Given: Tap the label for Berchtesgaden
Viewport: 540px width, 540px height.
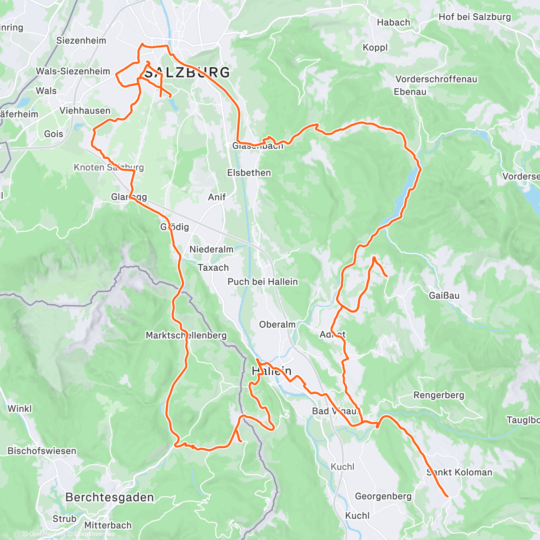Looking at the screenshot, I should [109, 497].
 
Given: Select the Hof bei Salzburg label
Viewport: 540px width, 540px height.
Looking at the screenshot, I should [475, 17].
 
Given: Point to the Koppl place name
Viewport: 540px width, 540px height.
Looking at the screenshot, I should [375, 48].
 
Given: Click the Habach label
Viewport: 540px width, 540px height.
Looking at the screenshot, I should [393, 22].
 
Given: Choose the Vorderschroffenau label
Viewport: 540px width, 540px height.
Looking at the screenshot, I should [436, 79].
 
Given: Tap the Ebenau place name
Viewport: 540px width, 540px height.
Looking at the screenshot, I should [409, 92].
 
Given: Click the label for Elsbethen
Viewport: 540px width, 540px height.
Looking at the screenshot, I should [249, 173].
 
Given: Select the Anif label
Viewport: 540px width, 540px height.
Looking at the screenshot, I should [216, 197].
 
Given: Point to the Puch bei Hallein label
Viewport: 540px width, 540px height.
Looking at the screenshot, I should [262, 282].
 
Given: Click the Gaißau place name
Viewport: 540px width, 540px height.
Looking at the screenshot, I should [444, 296].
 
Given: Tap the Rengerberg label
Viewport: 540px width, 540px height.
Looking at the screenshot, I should [438, 395].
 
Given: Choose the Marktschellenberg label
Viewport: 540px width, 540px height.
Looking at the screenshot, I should [186, 336].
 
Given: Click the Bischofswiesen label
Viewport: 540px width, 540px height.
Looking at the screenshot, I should [42, 451].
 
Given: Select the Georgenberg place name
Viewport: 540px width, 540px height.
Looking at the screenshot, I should [383, 496].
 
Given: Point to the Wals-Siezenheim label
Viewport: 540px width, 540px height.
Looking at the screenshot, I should [73, 72].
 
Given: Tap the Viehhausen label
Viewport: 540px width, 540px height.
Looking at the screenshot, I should [85, 111].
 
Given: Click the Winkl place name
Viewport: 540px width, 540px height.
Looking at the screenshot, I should [20, 409].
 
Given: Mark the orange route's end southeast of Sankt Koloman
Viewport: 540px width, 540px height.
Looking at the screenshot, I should [447, 496].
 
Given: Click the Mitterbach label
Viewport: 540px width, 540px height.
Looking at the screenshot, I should [108, 525].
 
